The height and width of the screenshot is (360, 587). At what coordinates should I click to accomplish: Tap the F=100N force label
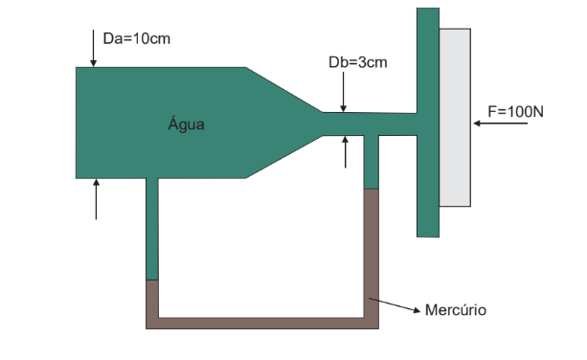[515, 111]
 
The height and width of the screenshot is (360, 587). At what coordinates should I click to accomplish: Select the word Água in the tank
[187, 124]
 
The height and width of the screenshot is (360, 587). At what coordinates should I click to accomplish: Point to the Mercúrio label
[456, 310]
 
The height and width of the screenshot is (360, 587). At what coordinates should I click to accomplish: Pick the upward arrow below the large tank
[96, 199]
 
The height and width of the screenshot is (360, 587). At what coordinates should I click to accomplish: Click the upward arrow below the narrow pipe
[345, 151]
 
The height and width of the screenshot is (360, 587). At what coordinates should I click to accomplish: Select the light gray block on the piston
[455, 117]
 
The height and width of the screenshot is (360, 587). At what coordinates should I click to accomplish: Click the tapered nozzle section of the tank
[282, 123]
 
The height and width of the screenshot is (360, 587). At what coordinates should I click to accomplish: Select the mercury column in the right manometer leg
[372, 254]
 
